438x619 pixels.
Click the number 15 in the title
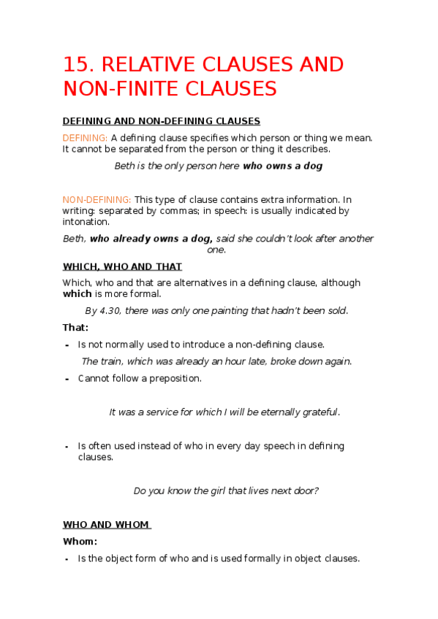point(75,64)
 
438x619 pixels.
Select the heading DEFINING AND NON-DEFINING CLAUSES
point(162,121)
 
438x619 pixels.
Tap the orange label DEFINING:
point(86,137)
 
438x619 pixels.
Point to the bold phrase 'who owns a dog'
point(283,166)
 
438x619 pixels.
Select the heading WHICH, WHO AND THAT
point(122,266)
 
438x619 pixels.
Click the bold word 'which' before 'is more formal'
point(77,293)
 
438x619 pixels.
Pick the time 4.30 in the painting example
point(108,310)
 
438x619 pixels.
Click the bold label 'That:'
point(75,328)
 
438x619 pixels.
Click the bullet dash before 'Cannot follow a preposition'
point(67,379)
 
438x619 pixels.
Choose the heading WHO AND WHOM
point(106,524)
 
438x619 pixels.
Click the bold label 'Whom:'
point(80,542)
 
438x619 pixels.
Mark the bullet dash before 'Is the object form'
point(67,559)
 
